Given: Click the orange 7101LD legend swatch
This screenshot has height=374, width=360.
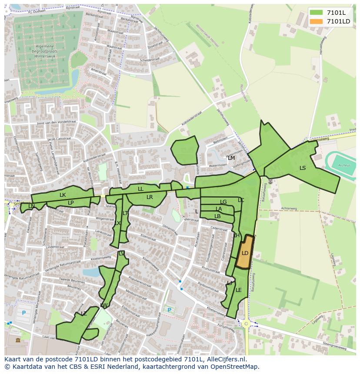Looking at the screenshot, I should pos(317,21).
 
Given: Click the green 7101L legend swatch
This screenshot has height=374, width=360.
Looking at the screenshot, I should pos(317,12).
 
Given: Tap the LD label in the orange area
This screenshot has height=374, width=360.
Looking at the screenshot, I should pos(245,253).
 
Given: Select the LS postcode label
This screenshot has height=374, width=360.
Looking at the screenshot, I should pos(303,168).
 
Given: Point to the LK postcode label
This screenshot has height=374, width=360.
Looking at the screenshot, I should pos(63,195).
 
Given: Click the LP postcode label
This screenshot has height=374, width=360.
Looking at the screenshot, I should pos(70,202).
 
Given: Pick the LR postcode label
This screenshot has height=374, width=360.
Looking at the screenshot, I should pos(150,197).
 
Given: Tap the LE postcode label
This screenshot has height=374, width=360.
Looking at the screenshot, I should pos(238,290).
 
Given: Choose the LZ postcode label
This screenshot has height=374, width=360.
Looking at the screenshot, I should pos(83,314).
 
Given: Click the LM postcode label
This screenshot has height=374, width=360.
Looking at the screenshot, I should pos(231,158).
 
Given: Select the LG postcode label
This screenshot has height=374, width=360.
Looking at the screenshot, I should pos(223,202).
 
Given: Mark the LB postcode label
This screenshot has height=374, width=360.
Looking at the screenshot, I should pos(217,216).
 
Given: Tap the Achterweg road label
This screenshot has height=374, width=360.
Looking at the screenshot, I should pos(288,209).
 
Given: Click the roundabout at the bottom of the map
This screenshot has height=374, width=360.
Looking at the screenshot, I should pos(246,324).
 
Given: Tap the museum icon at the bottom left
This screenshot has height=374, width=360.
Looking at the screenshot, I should pos(17,340).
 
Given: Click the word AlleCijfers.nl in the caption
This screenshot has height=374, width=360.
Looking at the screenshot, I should pos(225,359).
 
